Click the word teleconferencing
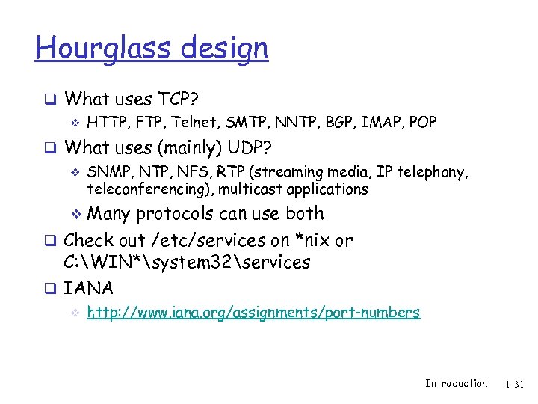pyautogui.click(x=143, y=189)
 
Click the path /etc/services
pyautogui.click(x=213, y=240)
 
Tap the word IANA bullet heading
pyautogui.click(x=89, y=288)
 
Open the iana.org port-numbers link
pyautogui.click(x=253, y=313)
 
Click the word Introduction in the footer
pyautogui.click(x=456, y=384)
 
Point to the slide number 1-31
pyautogui.click(x=516, y=385)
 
